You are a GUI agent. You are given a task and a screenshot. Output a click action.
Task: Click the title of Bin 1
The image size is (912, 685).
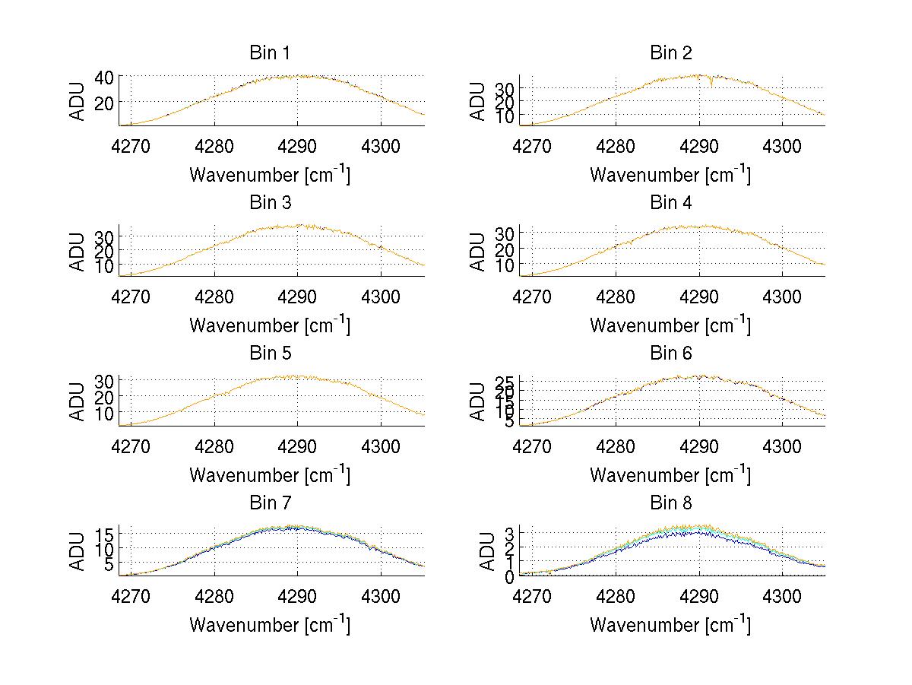click(270, 53)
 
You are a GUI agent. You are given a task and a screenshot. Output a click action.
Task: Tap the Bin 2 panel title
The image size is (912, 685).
click(670, 53)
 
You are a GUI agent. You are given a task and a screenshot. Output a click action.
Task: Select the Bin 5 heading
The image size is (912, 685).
click(270, 354)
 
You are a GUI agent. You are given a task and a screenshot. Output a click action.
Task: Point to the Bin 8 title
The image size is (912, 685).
click(670, 503)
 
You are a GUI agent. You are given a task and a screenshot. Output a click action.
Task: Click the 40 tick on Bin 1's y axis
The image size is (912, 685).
click(104, 77)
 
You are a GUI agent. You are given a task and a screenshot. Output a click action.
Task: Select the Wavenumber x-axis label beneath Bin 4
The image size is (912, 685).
click(670, 325)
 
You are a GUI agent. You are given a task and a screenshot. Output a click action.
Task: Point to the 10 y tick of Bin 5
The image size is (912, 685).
click(104, 413)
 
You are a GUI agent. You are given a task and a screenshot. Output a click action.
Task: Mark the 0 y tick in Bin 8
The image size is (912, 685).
click(510, 576)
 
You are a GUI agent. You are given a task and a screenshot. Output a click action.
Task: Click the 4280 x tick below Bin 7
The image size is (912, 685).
click(214, 595)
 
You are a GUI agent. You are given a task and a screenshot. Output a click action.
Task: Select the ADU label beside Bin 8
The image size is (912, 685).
click(479, 552)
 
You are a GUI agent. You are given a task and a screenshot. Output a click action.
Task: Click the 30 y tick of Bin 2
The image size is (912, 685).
click(505, 88)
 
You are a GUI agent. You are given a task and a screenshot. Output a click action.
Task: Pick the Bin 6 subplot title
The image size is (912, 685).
click(670, 354)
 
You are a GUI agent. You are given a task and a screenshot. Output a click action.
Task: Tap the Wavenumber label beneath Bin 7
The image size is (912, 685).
click(270, 625)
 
